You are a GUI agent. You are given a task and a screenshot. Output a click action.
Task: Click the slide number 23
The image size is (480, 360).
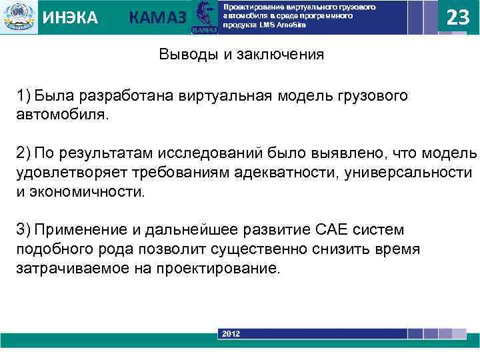[x=457, y=17]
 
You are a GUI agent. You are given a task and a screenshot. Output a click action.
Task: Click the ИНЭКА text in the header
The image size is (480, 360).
[x=70, y=18]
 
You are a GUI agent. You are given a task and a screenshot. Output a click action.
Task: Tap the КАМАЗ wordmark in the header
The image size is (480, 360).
[x=157, y=18]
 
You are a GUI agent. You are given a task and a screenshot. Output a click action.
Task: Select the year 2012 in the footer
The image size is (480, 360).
[x=231, y=333]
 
